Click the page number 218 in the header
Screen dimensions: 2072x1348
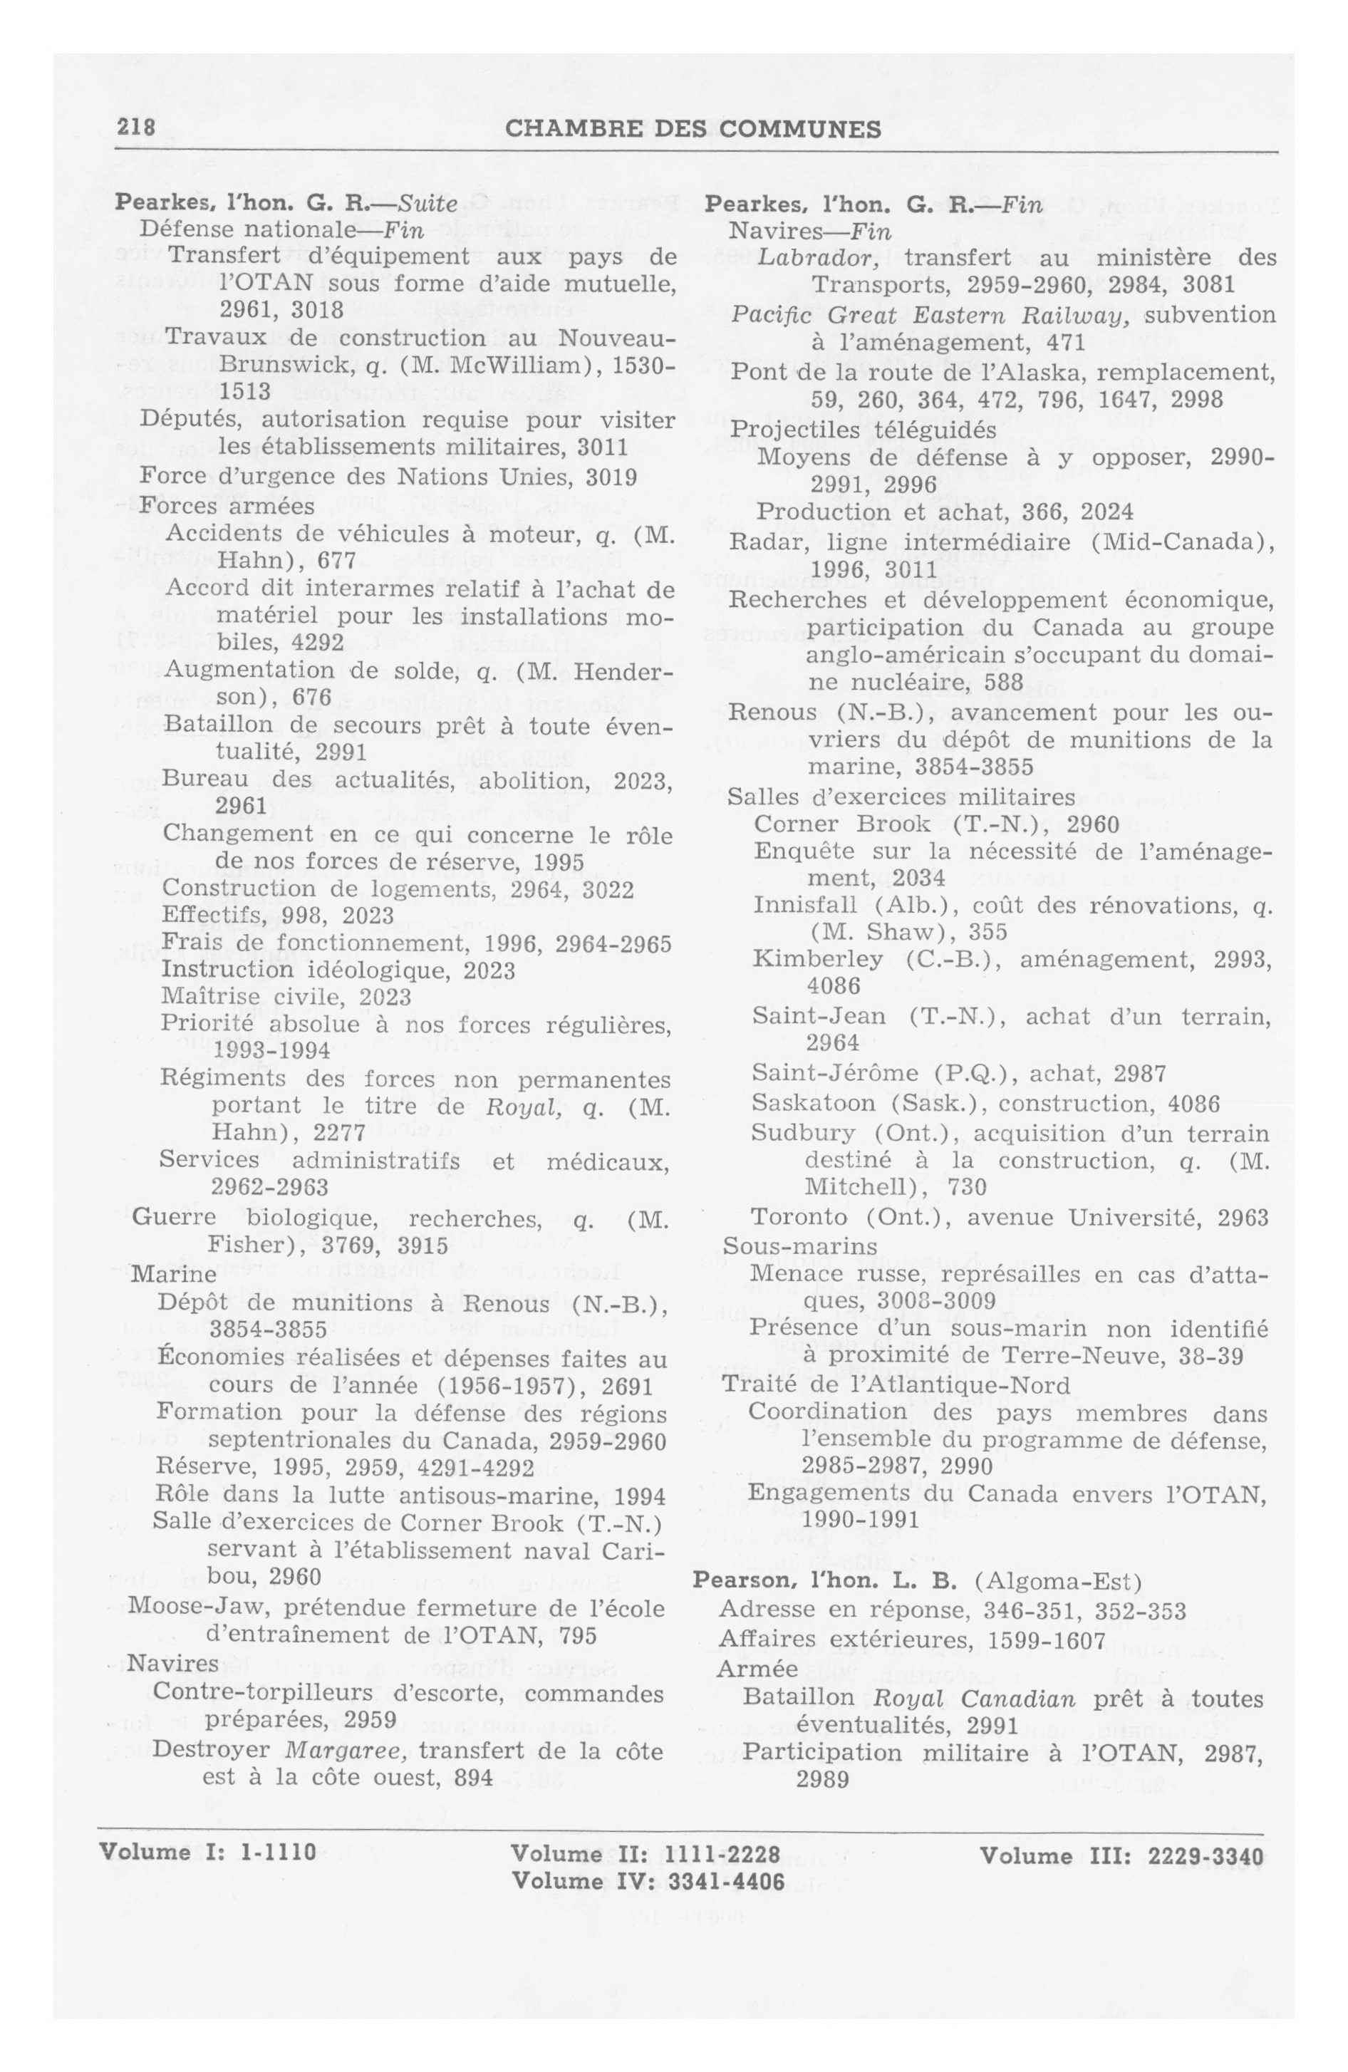tap(136, 128)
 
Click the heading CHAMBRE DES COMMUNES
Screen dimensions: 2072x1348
tap(693, 129)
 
